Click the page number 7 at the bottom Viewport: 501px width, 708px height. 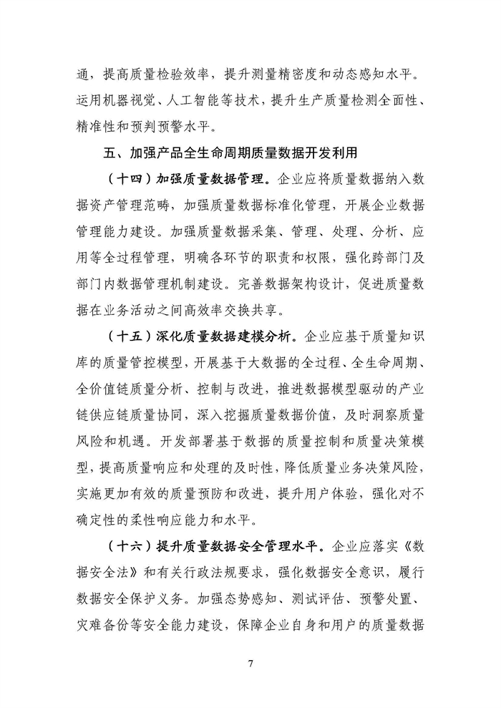250,663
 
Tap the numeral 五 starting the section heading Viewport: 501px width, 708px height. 109,153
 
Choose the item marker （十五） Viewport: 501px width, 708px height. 122,335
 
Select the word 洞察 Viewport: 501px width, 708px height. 371,413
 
